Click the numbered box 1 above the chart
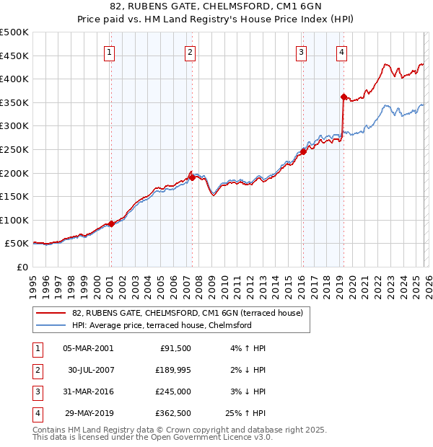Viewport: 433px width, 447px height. click(x=109, y=51)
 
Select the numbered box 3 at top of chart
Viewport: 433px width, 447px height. click(x=301, y=51)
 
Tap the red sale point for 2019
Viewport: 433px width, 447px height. click(x=344, y=97)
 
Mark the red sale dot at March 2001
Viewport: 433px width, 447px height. click(x=111, y=223)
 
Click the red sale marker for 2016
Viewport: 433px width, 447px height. click(x=304, y=151)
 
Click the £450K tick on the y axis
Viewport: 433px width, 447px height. click(x=14, y=56)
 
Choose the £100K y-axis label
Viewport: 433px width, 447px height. click(x=14, y=220)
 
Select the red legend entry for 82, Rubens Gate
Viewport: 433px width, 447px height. click(x=191, y=313)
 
